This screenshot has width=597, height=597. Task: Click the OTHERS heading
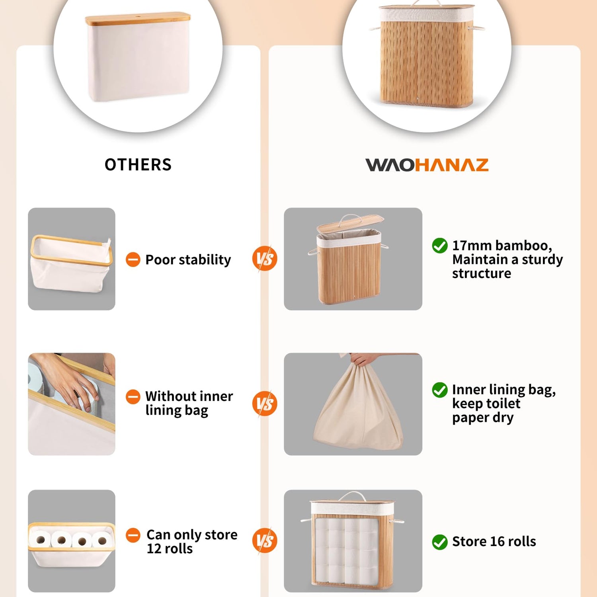(138, 165)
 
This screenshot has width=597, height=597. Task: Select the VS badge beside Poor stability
(265, 259)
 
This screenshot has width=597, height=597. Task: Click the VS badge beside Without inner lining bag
(265, 404)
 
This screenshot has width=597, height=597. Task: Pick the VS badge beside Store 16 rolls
(265, 540)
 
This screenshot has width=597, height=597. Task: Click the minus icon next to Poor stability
(133, 260)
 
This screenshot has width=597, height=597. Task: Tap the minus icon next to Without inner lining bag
(133, 396)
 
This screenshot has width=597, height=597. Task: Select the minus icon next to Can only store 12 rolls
(133, 535)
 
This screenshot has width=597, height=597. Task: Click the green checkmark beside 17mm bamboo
(440, 246)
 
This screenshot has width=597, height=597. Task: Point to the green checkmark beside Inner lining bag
(440, 390)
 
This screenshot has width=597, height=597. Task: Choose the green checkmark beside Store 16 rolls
(440, 542)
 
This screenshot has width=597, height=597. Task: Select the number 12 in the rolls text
(154, 549)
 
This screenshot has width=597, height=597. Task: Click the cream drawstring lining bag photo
(353, 404)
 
